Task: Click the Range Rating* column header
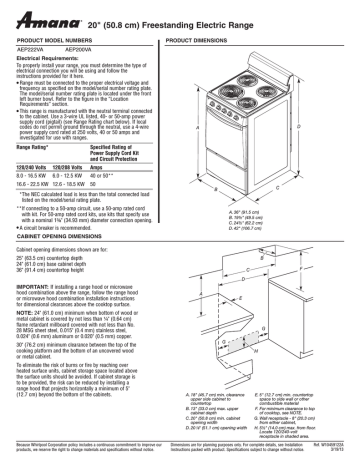point(40,146)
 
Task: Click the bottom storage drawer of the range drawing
point(266,147)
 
